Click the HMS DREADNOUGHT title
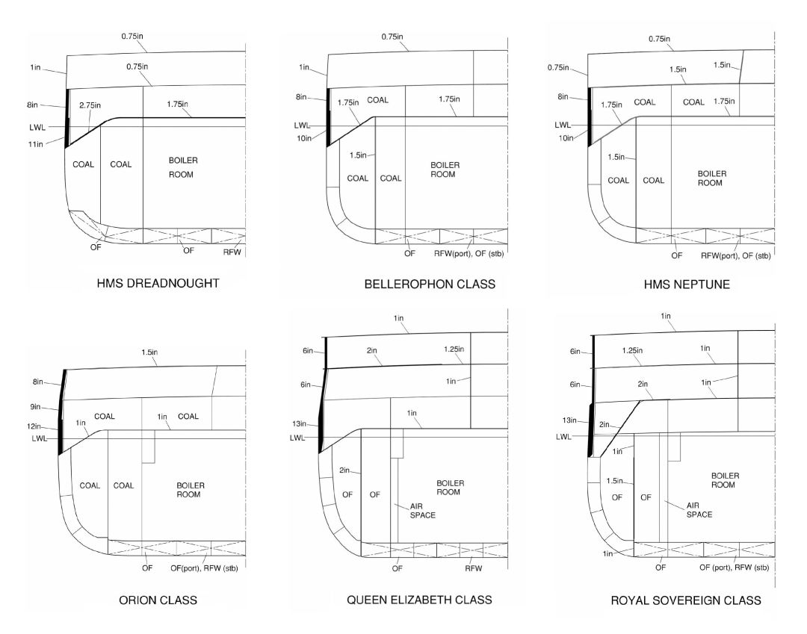(158, 283)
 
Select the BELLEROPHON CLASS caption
(430, 285)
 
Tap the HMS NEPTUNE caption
(687, 285)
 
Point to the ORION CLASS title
(158, 600)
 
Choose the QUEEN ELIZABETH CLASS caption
(419, 600)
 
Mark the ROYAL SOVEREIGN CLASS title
(686, 600)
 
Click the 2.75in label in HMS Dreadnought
(90, 105)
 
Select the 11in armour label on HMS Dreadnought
(36, 144)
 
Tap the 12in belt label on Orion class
(34, 426)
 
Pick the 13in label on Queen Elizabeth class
(299, 423)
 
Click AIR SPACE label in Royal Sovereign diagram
(699, 510)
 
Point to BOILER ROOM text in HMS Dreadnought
(183, 167)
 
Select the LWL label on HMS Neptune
(563, 125)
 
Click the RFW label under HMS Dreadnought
(232, 252)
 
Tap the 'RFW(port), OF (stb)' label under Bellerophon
(469, 253)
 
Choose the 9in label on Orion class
(35, 407)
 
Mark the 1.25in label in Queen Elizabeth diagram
(454, 349)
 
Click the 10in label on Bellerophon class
(304, 138)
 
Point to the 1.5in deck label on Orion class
(149, 352)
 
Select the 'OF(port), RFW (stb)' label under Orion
(204, 568)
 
